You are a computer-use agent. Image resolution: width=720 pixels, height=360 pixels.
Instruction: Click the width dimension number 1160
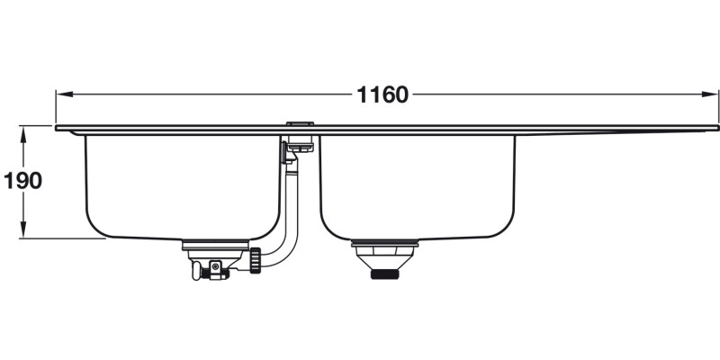point(382,94)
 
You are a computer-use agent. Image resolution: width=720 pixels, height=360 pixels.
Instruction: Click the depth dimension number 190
point(22,181)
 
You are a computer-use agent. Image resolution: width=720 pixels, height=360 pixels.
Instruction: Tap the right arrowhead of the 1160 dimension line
point(711,94)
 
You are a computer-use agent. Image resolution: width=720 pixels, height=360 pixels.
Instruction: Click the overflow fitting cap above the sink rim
point(298,121)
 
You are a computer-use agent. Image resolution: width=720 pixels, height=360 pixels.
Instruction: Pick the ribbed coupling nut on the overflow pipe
point(257,261)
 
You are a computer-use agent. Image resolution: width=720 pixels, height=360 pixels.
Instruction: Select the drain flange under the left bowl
point(216,244)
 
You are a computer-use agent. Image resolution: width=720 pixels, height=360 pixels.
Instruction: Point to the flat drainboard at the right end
point(621,130)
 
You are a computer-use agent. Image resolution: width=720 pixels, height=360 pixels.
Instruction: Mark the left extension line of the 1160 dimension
point(56,108)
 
